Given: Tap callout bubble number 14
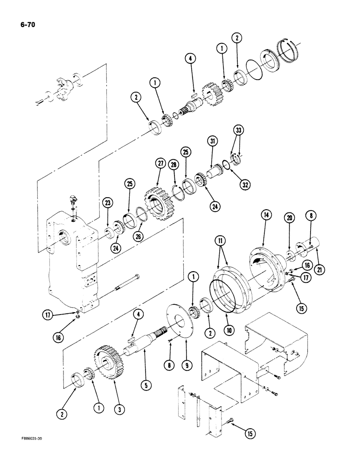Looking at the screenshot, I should pyautogui.click(x=266, y=215).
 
